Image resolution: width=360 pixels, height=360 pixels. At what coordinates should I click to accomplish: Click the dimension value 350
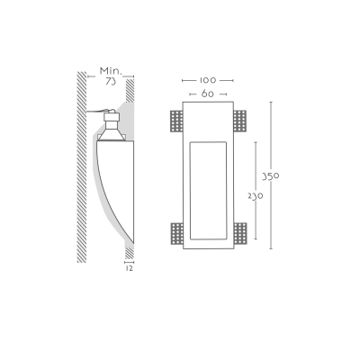pos(271,176)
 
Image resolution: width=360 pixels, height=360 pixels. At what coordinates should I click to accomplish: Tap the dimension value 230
pos(256,196)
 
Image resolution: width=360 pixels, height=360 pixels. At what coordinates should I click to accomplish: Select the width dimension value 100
pos(208,80)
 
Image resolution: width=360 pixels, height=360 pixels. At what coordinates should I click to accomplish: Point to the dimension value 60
pos(208,94)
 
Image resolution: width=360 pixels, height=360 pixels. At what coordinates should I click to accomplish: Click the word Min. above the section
pos(111,71)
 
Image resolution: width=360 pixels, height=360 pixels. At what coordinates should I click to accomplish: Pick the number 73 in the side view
pos(111,81)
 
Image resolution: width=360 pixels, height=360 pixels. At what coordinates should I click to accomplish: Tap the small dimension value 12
pos(129,268)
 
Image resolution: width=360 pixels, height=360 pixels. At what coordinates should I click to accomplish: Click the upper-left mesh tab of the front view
pos(176,121)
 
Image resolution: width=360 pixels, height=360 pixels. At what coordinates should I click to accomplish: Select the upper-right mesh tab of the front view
pos(239,121)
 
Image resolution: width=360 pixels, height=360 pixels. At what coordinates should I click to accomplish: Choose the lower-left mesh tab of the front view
pos(176,233)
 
